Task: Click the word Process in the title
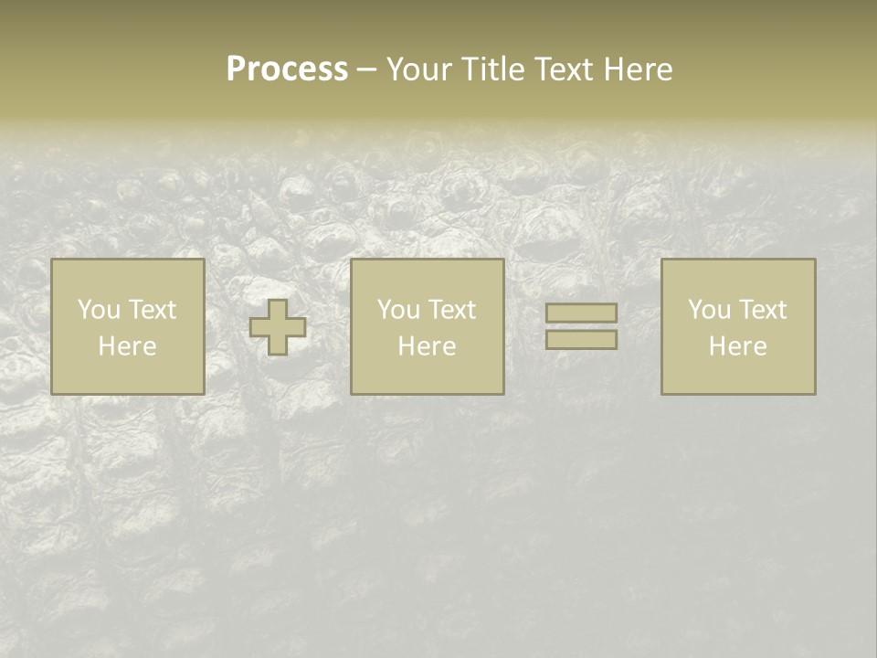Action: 287,69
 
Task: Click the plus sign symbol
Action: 278,326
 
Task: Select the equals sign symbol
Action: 581,326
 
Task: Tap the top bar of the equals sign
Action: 581,313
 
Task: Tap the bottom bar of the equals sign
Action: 581,340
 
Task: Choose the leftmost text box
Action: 127,326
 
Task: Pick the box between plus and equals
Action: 427,326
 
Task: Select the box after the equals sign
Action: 737,326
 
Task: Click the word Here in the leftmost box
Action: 127,346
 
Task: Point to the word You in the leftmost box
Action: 99,310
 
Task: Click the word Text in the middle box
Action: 453,310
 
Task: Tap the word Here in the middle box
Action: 427,346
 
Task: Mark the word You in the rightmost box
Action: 709,310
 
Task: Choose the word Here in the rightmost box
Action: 737,346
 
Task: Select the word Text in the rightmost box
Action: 764,310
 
